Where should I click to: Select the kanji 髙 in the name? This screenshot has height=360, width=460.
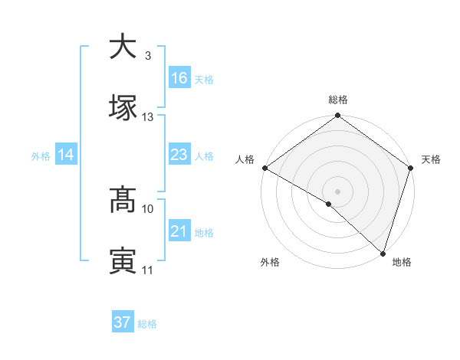tap(123, 201)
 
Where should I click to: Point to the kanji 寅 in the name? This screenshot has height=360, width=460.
tap(123, 260)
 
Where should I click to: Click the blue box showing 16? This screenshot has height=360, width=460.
tap(179, 78)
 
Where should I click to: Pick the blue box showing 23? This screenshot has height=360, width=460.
tap(179, 155)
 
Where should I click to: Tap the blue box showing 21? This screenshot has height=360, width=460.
tap(179, 231)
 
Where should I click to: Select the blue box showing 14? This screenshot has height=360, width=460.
tap(65, 155)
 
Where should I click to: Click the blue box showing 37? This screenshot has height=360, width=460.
tap(122, 322)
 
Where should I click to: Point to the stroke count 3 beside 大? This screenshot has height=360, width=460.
tap(147, 56)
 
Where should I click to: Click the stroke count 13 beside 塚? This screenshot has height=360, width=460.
tap(148, 117)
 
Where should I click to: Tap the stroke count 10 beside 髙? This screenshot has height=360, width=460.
tap(148, 208)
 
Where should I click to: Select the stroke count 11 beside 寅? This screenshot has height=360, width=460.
tap(148, 270)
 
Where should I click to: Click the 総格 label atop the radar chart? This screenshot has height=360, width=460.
tap(338, 100)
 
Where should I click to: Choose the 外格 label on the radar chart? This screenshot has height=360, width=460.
tap(270, 262)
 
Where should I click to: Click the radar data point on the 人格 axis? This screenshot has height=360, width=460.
tap(264, 168)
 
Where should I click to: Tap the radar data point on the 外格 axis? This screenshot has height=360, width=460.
tap(329, 204)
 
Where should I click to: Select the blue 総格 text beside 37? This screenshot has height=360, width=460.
tap(147, 324)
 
